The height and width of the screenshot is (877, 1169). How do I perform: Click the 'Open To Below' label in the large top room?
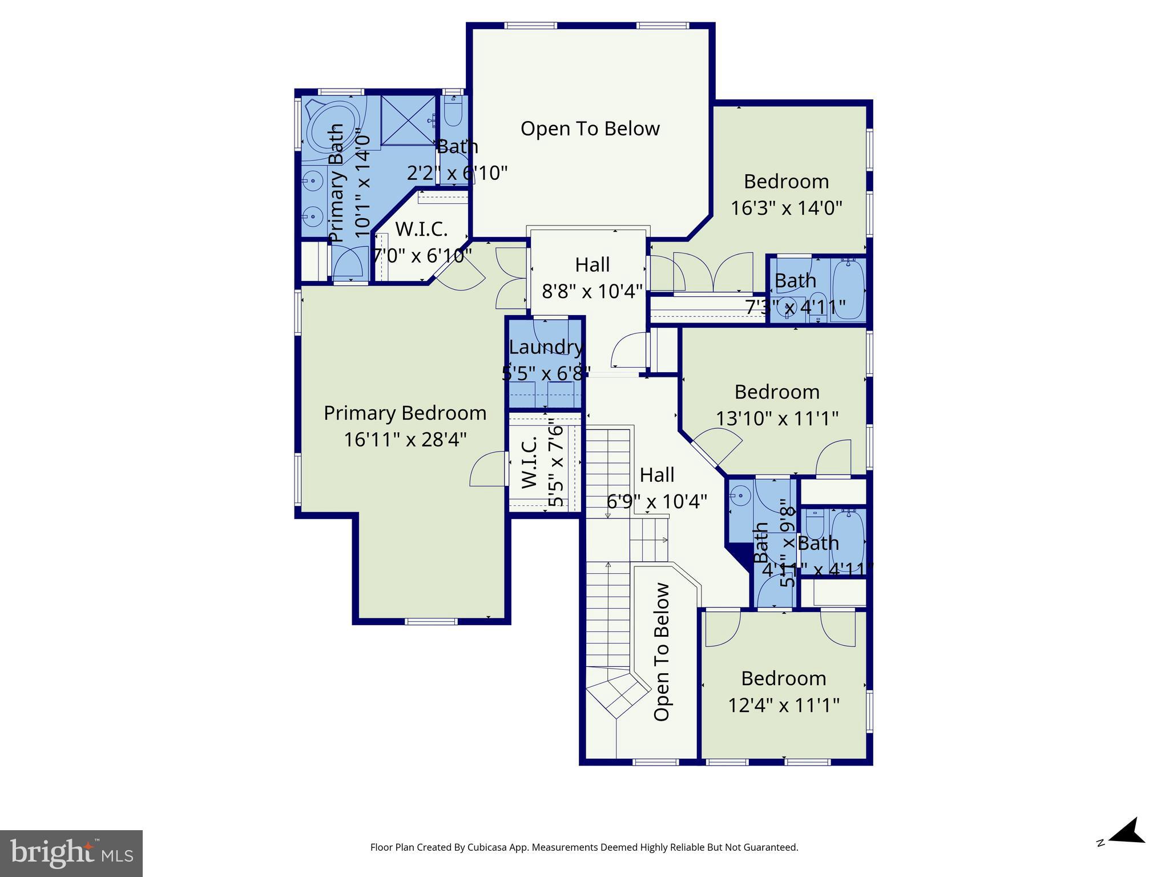(x=590, y=128)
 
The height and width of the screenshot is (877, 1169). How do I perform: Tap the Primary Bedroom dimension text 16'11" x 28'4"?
(x=405, y=440)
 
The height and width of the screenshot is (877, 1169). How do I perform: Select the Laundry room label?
(x=546, y=347)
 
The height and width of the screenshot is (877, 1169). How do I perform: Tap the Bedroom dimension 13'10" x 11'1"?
(x=777, y=419)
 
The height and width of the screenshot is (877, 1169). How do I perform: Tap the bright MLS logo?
(x=71, y=853)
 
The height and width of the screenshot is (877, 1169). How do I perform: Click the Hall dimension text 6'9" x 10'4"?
(x=656, y=502)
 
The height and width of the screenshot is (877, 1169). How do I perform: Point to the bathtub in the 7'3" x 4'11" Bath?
(x=849, y=290)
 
